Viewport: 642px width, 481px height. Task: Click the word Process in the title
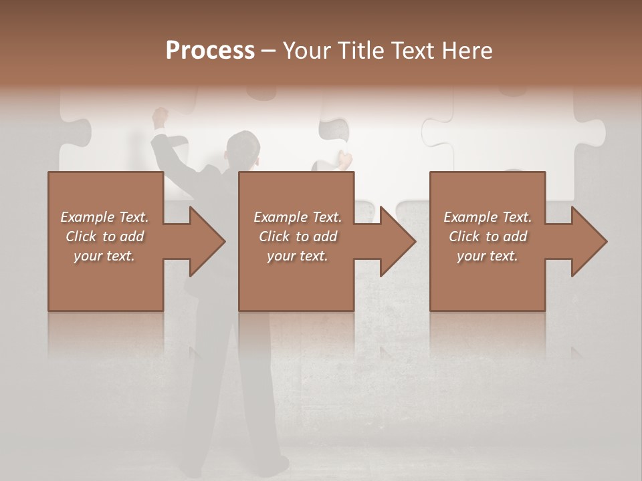coord(210,51)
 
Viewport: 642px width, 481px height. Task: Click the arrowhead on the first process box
coord(204,241)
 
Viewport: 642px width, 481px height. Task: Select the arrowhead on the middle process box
coord(395,241)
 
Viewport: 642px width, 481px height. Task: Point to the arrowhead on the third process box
coord(586,241)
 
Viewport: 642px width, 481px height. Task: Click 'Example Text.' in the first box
coord(104,217)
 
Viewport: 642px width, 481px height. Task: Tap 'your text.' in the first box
coord(104,256)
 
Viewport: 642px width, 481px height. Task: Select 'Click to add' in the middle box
coord(298,236)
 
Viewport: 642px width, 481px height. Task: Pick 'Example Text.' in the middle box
coord(298,217)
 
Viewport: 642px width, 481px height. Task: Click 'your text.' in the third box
coord(488,256)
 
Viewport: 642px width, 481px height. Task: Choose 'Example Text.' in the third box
coord(488,217)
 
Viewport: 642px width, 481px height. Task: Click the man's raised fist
coord(160,116)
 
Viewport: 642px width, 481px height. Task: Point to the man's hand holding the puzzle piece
coord(344,160)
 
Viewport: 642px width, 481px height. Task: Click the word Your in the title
coord(306,51)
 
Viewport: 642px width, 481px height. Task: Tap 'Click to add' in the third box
coord(488,236)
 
